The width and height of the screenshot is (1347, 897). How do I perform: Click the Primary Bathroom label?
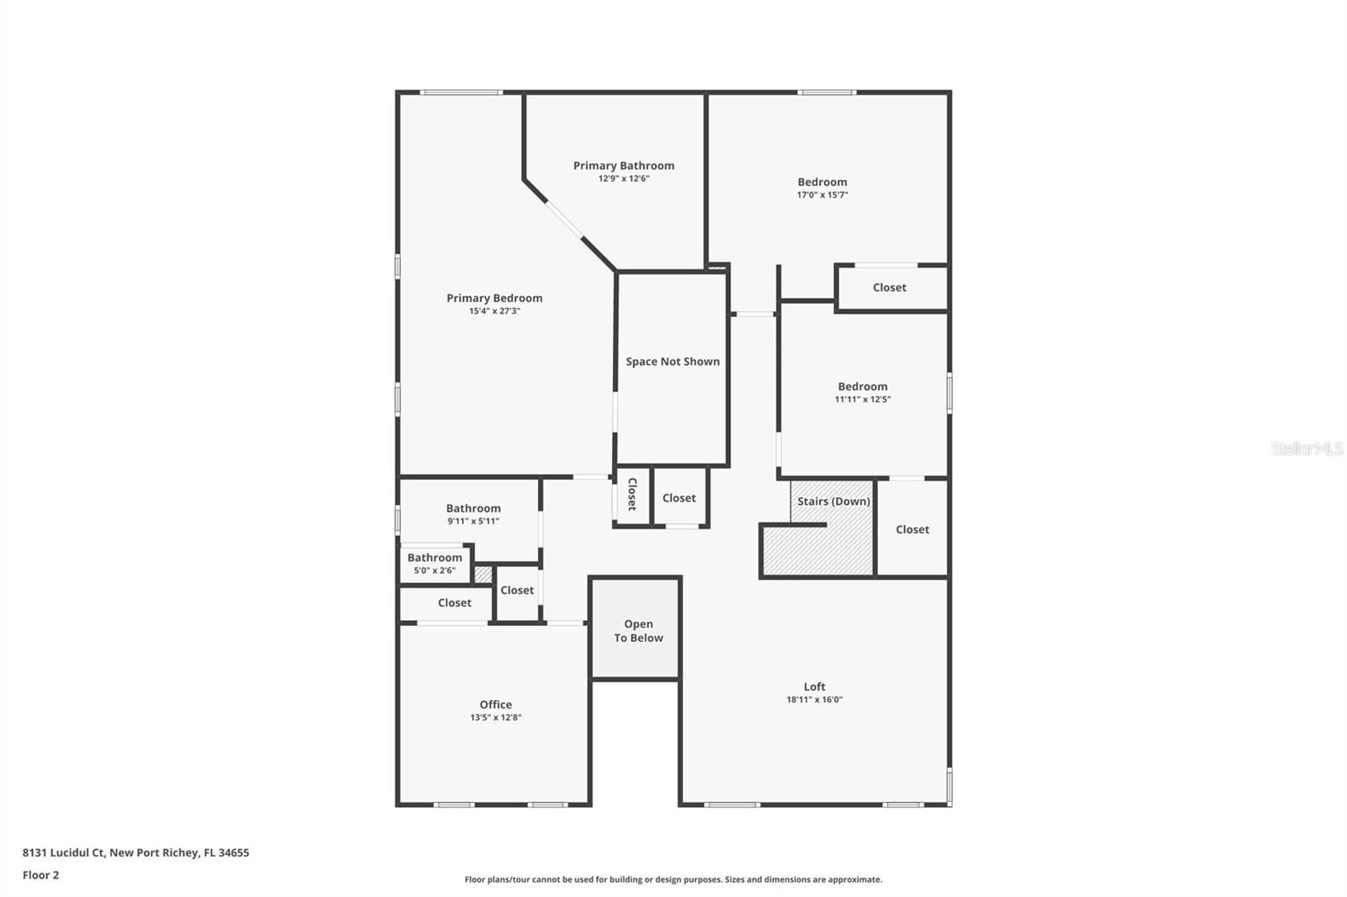pos(624,166)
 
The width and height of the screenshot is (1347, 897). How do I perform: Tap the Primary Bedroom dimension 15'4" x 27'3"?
pos(494,311)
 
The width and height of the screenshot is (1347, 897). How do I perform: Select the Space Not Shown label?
pos(673,362)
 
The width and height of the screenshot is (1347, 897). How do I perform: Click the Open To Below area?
pos(638,631)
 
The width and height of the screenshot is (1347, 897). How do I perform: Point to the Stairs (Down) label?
pos(833,502)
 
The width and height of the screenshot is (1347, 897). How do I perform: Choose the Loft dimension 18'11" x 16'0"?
pos(814,700)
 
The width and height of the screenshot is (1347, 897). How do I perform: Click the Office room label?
pos(496,705)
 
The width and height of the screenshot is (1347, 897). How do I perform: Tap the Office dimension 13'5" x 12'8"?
pos(496,718)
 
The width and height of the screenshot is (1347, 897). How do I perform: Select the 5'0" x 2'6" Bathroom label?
pos(434,558)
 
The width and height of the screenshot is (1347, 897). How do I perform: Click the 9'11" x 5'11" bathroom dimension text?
pos(473,522)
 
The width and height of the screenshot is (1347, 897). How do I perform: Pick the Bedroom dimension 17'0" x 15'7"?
pos(823,195)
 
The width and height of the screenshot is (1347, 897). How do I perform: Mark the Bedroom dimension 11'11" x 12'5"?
pos(862,400)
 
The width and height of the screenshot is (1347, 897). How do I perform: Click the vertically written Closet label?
pos(632,495)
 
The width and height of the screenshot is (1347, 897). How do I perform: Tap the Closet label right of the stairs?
pos(912,530)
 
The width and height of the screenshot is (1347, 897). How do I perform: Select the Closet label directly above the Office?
pos(455,603)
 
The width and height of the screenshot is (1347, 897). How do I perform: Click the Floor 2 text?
pos(40,875)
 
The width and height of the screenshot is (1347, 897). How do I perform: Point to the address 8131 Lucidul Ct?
pos(136,852)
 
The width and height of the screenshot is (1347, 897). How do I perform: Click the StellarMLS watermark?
pos(1307,448)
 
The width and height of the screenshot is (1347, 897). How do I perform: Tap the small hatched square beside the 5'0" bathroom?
pos(482,575)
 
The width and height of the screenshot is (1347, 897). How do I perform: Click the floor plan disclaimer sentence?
pos(673,880)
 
